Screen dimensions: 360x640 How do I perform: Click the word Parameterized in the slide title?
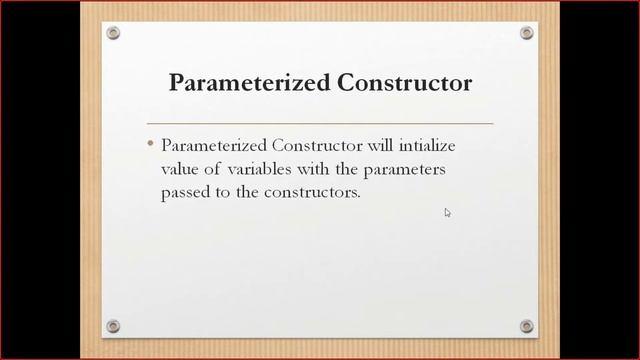pos(233,82)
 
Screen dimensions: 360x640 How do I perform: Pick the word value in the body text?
pos(181,169)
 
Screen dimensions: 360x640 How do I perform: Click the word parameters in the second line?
pos(403,169)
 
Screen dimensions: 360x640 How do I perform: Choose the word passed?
pos(184,192)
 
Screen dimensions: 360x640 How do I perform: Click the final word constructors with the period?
pos(310,192)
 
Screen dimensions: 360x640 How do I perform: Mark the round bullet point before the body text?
pos(150,145)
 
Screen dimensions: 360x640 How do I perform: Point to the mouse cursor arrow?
pos(447,212)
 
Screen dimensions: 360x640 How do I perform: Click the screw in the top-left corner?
pos(113,33)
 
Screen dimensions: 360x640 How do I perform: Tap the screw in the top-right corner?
pos(527,33)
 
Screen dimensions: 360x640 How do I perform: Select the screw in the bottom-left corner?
pos(113,326)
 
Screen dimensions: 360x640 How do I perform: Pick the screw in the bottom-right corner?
pos(527,326)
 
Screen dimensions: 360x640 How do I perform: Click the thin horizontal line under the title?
pos(320,123)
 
